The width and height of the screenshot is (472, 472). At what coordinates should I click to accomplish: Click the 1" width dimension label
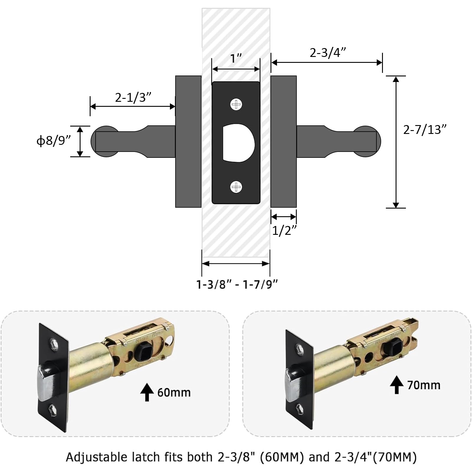pyautogui.click(x=236, y=58)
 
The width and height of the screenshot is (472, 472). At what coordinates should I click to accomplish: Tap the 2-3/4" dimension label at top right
pyautogui.click(x=327, y=53)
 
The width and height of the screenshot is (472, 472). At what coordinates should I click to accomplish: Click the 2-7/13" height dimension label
pyautogui.click(x=425, y=130)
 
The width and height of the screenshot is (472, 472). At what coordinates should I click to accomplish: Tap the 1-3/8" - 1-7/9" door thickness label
pyautogui.click(x=237, y=284)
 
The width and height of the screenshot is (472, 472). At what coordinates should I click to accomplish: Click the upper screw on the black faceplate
pyautogui.click(x=236, y=104)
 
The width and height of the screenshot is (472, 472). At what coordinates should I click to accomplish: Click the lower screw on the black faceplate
pyautogui.click(x=236, y=187)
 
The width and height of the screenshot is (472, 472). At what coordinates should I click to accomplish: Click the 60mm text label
pyautogui.click(x=174, y=393)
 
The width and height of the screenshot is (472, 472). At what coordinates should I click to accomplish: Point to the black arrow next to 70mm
pyautogui.click(x=397, y=385)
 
